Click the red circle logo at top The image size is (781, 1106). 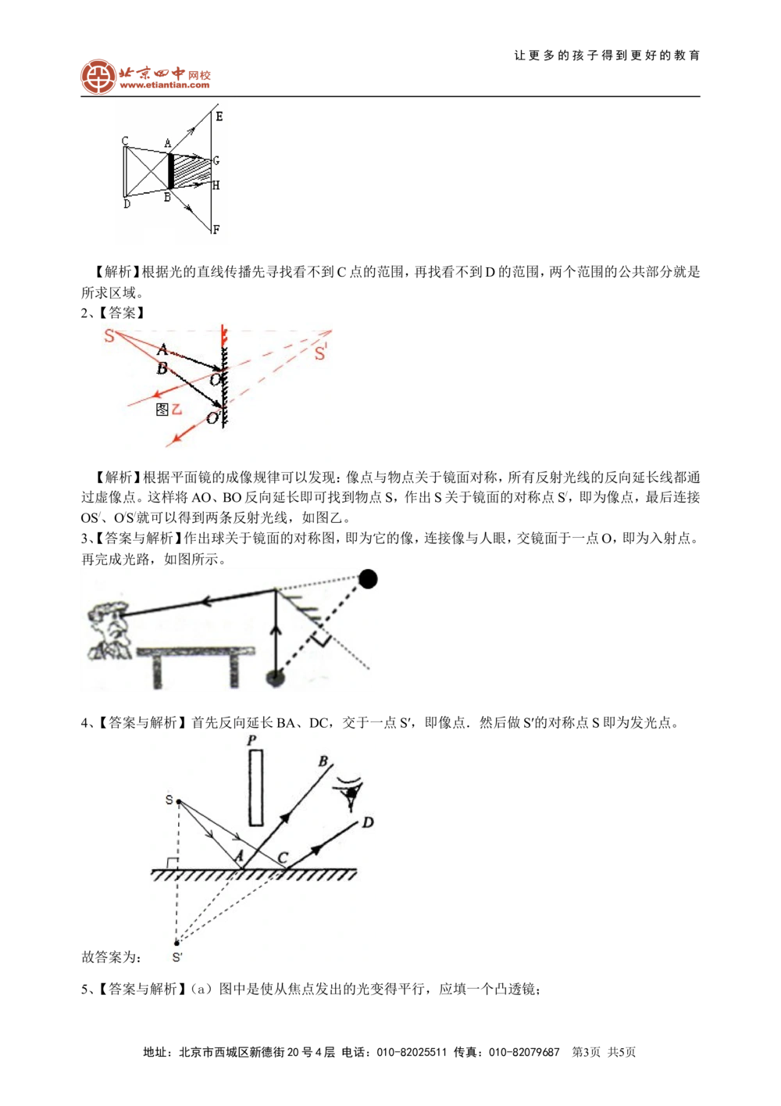pyautogui.click(x=98, y=77)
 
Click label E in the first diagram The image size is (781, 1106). pyautogui.click(x=219, y=116)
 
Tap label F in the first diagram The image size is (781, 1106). pyautogui.click(x=216, y=230)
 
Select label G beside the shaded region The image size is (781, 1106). pyautogui.click(x=216, y=161)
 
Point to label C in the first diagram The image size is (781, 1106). pyautogui.click(x=125, y=141)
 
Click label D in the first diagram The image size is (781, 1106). pyautogui.click(x=127, y=204)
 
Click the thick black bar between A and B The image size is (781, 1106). pyautogui.click(x=169, y=171)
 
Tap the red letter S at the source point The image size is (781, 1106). pyautogui.click(x=109, y=336)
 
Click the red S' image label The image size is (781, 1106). pyautogui.click(x=321, y=354)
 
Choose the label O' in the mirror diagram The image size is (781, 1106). pyautogui.click(x=212, y=419)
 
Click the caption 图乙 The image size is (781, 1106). pyautogui.click(x=169, y=410)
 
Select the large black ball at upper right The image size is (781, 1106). pyautogui.click(x=368, y=579)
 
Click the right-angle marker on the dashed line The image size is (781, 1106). pyautogui.click(x=320, y=641)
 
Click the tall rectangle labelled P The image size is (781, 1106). pyautogui.click(x=255, y=788)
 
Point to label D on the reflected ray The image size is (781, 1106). pyautogui.click(x=368, y=822)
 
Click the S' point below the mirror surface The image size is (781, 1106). pyautogui.click(x=177, y=943)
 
